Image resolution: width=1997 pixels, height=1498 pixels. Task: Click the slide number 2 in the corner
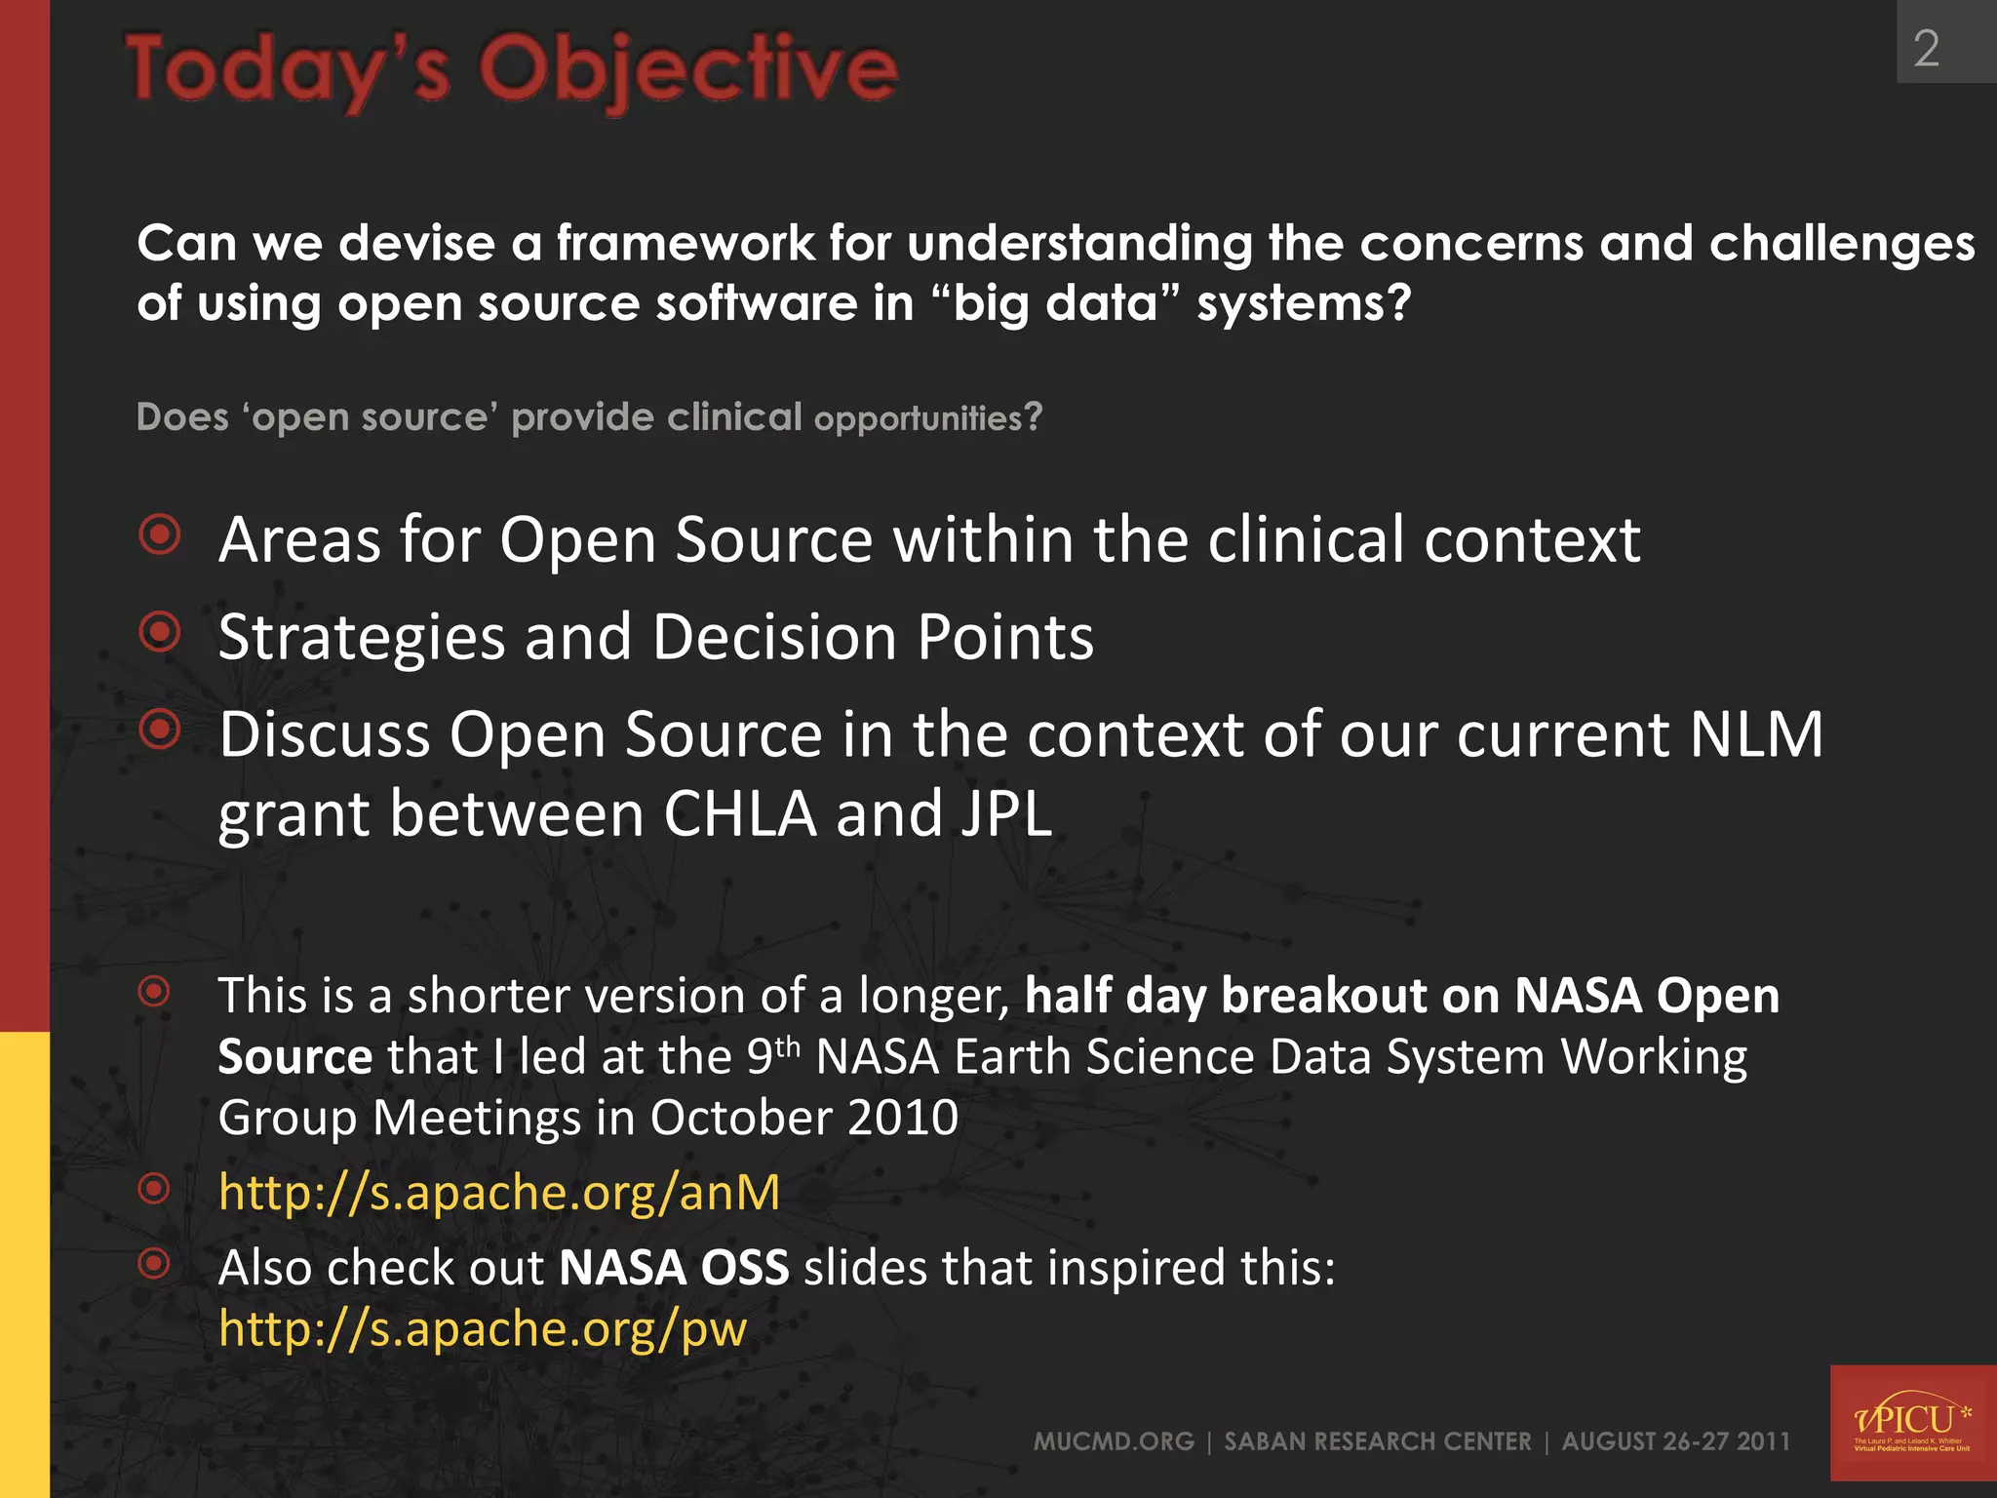1926,49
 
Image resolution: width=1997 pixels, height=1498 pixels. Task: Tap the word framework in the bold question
685,243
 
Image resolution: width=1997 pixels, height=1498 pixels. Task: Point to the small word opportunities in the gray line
918,418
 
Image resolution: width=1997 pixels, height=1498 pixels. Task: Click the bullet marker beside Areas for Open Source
160,534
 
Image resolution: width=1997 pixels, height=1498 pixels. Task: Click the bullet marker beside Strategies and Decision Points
160,632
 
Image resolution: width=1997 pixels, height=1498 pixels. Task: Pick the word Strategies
362,638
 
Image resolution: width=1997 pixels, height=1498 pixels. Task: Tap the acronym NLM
1755,734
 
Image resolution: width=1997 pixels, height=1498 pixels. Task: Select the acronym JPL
1006,814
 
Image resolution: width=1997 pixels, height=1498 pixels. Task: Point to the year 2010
903,1118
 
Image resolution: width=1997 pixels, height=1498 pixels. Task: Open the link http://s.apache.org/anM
499,1193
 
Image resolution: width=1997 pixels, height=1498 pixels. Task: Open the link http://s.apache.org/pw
483,1329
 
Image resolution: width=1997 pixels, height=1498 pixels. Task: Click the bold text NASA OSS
674,1269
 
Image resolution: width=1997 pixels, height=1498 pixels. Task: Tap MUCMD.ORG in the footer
1114,1441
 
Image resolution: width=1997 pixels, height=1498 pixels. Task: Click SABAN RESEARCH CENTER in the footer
1377,1441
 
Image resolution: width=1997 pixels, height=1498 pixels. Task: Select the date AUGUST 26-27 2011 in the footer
1675,1441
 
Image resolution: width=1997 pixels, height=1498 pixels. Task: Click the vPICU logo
1912,1424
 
